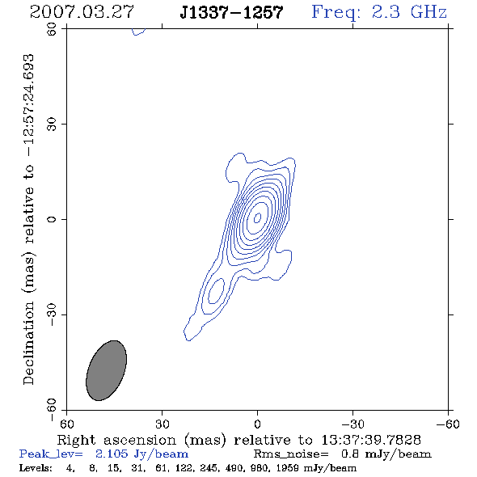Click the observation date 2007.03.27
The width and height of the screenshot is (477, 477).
point(82,12)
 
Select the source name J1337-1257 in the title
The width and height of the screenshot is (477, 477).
point(231,12)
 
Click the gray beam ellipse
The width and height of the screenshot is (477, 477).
point(106,370)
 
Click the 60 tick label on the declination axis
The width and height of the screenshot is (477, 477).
point(52,29)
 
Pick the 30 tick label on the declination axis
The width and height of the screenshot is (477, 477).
point(52,125)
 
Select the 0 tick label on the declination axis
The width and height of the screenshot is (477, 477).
point(52,219)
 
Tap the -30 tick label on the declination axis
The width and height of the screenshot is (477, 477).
point(52,314)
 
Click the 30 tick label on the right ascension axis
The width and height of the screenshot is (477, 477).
point(163,424)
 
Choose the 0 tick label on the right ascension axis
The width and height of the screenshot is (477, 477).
point(257,424)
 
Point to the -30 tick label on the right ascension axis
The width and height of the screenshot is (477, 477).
point(352,424)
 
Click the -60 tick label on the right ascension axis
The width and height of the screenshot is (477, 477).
point(448,424)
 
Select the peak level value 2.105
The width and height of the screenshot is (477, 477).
point(112,454)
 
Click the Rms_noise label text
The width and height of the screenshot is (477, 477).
point(291,454)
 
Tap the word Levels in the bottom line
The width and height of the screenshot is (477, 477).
point(36,468)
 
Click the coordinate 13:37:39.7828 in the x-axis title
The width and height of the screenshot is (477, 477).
point(371,440)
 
